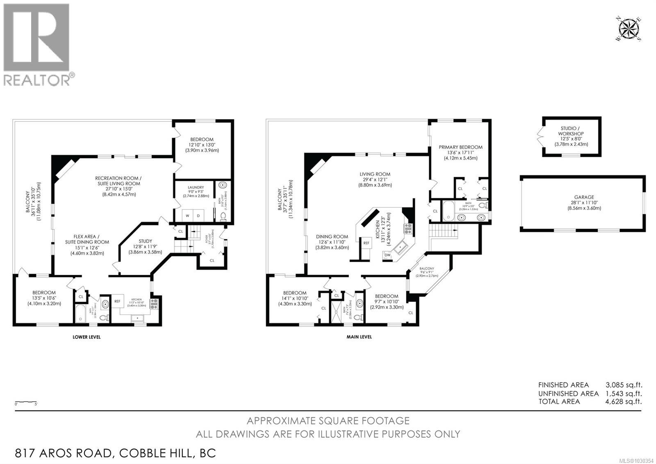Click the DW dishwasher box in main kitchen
[387, 255]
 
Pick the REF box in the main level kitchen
[367, 243]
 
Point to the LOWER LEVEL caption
[87, 337]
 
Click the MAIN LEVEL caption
[359, 337]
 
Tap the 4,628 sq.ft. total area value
[624, 402]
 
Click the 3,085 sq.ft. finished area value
[624, 385]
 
